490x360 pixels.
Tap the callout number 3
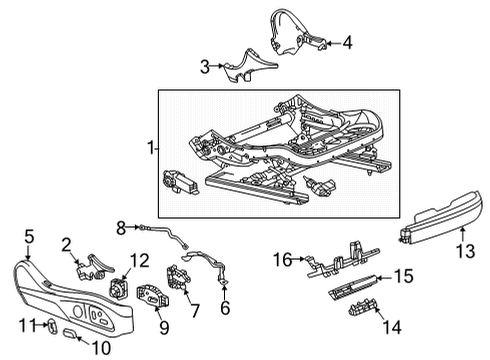205,67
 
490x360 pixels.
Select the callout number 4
347,42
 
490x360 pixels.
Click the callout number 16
283,259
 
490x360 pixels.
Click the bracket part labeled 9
154,299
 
